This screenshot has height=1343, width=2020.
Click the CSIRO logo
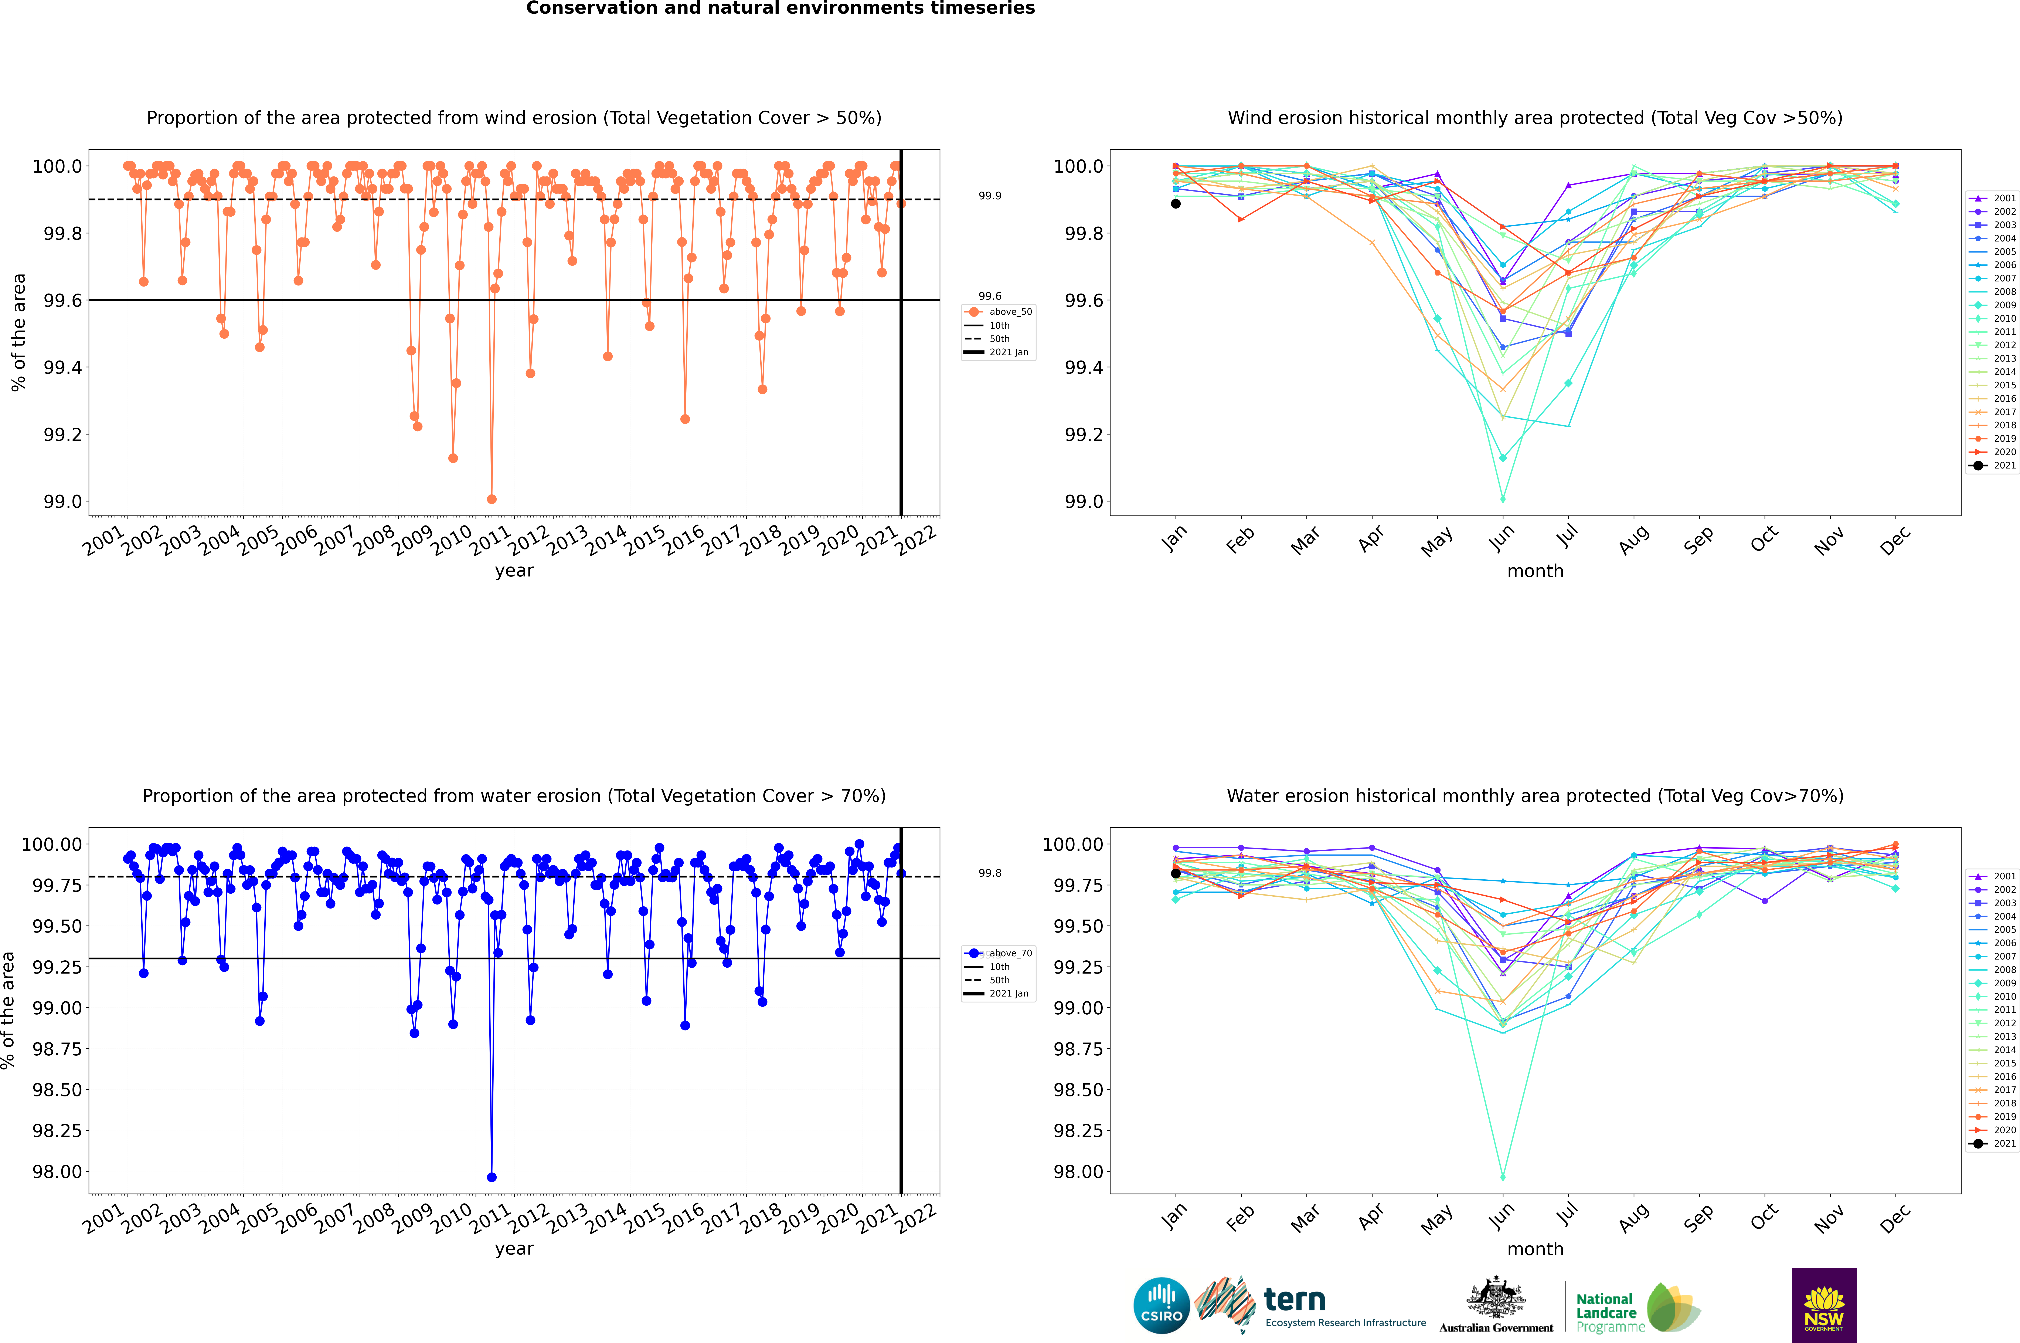pos(1161,1305)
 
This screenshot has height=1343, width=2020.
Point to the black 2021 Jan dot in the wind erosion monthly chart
pos(1176,204)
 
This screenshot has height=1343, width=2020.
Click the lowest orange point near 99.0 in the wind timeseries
pos(492,499)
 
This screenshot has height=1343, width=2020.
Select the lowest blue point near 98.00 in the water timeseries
pos(492,1178)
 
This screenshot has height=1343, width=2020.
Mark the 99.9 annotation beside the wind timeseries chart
pos(990,196)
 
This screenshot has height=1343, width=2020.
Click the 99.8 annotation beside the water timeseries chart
pos(990,873)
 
